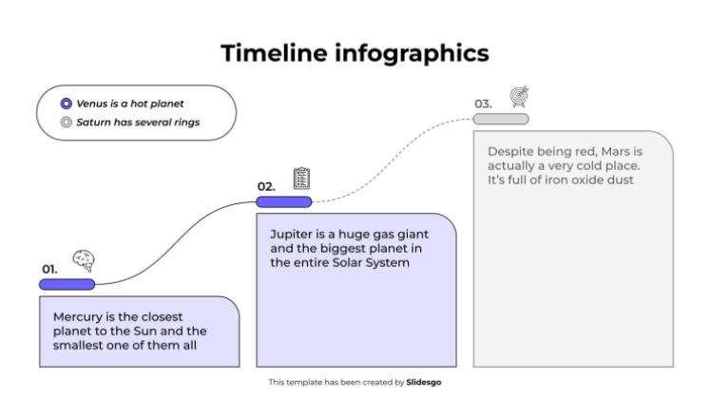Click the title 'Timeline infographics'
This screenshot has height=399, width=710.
(355, 54)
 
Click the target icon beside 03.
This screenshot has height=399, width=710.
(519, 96)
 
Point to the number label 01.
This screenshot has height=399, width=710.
(49, 269)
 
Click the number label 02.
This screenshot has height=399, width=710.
(265, 186)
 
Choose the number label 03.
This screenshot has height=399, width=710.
(483, 104)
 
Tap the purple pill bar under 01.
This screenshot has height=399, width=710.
(67, 283)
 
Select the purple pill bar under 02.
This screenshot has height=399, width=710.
(283, 201)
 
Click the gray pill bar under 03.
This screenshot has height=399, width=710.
(501, 119)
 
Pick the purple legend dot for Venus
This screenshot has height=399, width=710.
(65, 104)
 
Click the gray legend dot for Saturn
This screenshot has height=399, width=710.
(65, 122)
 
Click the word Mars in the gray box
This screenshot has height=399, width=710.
(620, 152)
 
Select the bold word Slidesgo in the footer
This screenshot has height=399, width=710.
(423, 382)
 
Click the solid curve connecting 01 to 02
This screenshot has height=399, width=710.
(176, 242)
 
